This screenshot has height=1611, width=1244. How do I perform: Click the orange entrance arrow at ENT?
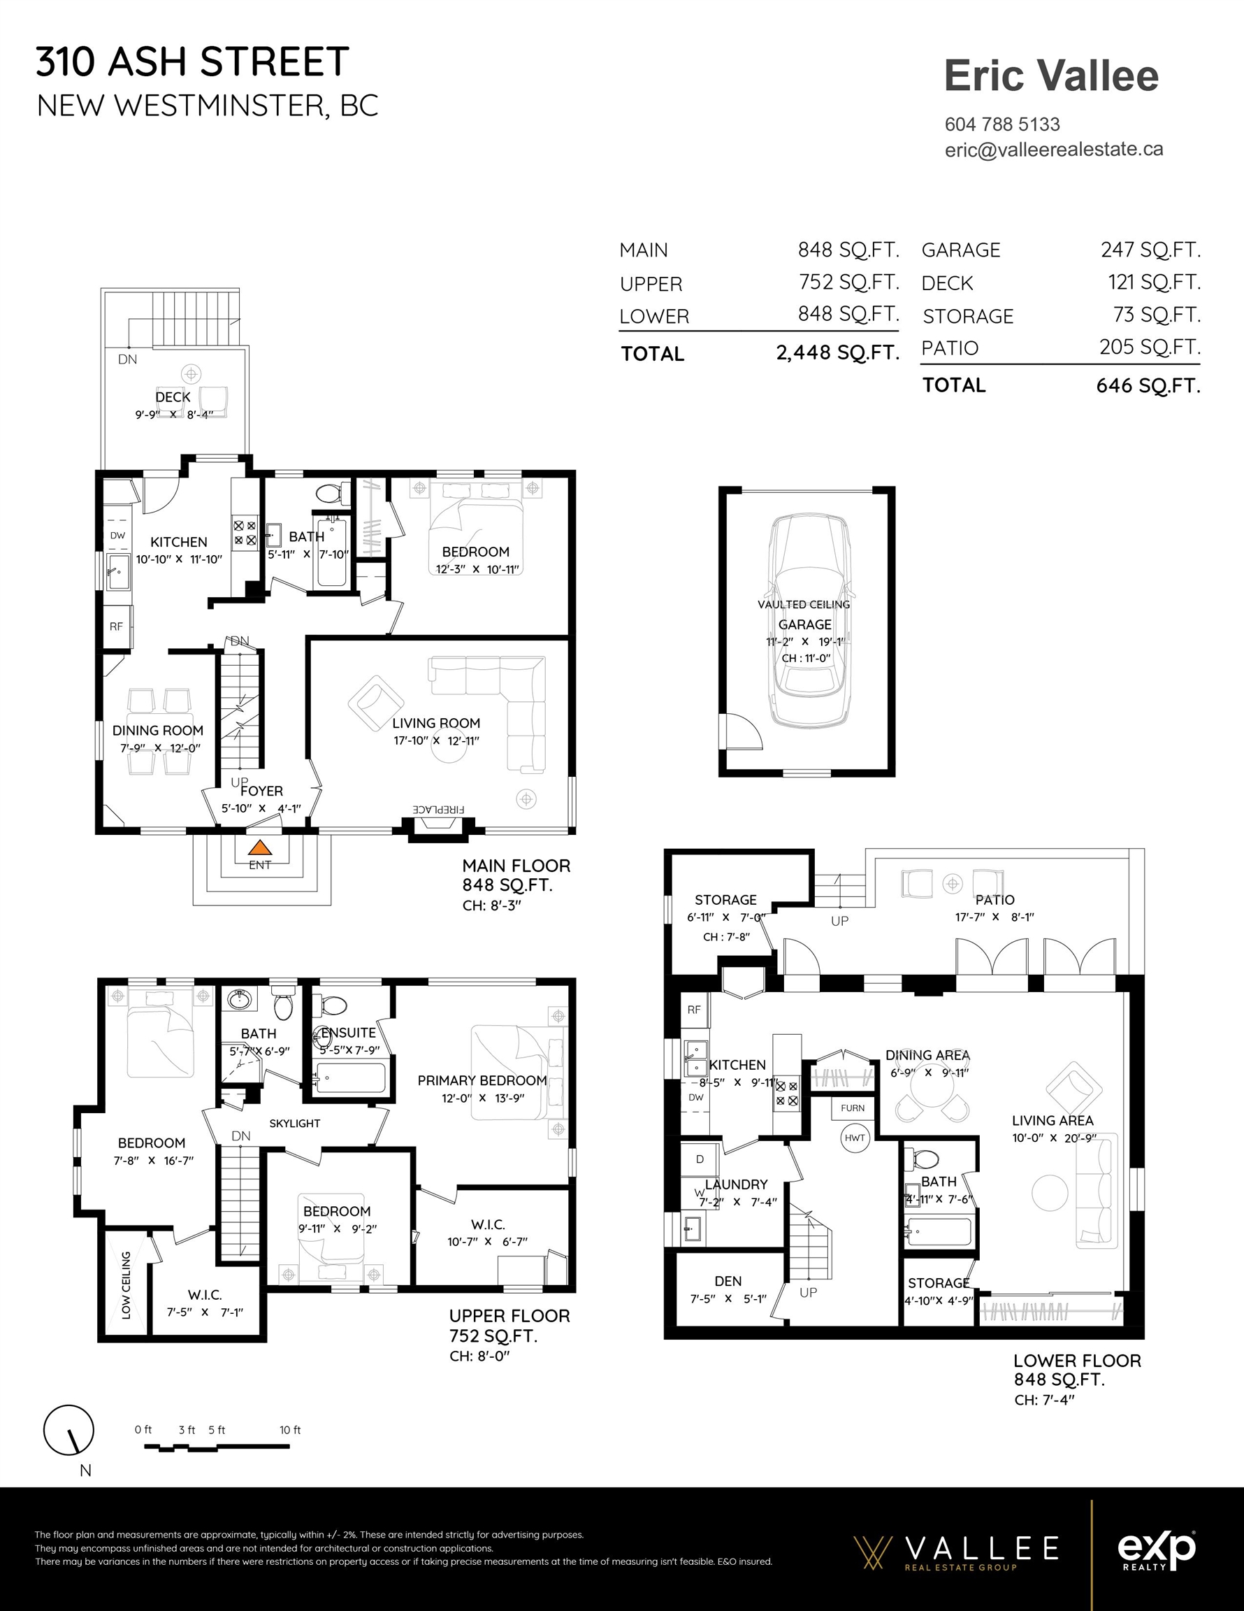(259, 848)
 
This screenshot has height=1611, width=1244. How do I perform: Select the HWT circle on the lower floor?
(855, 1138)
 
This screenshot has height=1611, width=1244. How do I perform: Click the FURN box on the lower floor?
(853, 1108)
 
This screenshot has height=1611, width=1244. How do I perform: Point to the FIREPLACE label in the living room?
(438, 809)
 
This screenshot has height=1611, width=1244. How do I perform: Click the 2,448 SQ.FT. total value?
(838, 353)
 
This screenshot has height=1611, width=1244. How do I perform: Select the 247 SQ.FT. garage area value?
(1150, 250)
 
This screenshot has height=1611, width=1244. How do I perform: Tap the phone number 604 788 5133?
(1002, 124)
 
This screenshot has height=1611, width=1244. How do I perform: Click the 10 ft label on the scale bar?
(290, 1429)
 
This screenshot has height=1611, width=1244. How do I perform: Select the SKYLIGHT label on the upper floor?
(294, 1124)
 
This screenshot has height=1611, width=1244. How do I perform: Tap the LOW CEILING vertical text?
(126, 1285)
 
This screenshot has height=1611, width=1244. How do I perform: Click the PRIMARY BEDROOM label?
(482, 1080)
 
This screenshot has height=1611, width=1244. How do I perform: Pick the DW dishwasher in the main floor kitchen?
(117, 536)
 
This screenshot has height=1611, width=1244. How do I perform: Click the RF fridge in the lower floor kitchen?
(694, 1010)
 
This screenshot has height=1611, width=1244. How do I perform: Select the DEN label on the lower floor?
(728, 1281)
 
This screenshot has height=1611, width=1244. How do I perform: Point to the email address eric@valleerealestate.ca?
(1054, 150)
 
